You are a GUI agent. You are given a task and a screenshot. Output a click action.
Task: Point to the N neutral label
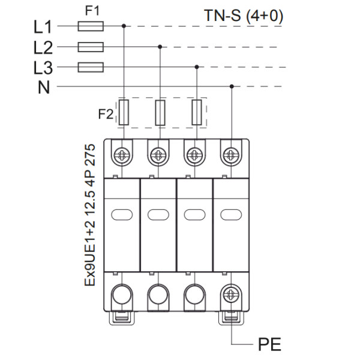(44, 88)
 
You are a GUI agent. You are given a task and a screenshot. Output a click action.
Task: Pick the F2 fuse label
(106, 113)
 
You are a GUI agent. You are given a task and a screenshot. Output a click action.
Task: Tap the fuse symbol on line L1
(91, 26)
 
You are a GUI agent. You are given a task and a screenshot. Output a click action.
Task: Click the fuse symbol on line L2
(91, 47)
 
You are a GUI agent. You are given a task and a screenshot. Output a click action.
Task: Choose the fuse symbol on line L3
(91, 67)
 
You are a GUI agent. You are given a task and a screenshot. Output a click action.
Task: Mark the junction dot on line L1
(124, 26)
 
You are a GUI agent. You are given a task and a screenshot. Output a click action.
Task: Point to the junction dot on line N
(232, 87)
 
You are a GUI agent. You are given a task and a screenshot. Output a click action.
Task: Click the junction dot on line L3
(196, 67)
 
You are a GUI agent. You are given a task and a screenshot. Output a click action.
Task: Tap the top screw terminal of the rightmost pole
(230, 155)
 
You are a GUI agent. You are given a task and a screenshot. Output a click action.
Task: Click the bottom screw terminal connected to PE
(230, 295)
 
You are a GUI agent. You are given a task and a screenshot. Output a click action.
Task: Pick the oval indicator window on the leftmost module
(122, 214)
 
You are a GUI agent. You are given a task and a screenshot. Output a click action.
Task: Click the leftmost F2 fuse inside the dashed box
(124, 113)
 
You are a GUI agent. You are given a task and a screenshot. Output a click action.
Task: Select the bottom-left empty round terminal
(122, 295)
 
